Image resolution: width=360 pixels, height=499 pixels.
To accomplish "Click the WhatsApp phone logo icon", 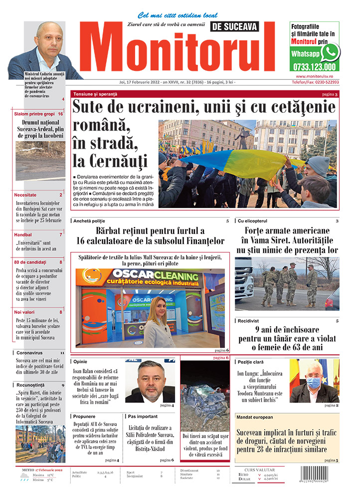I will coord(330,52).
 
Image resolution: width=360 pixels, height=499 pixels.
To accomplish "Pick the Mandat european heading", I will coord(255,417).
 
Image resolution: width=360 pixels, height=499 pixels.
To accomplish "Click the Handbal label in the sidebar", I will coord(23,234).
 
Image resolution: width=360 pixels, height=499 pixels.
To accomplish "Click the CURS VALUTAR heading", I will coord(261,470).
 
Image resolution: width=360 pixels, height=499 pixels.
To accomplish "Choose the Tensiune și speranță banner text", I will coord(95,94).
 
